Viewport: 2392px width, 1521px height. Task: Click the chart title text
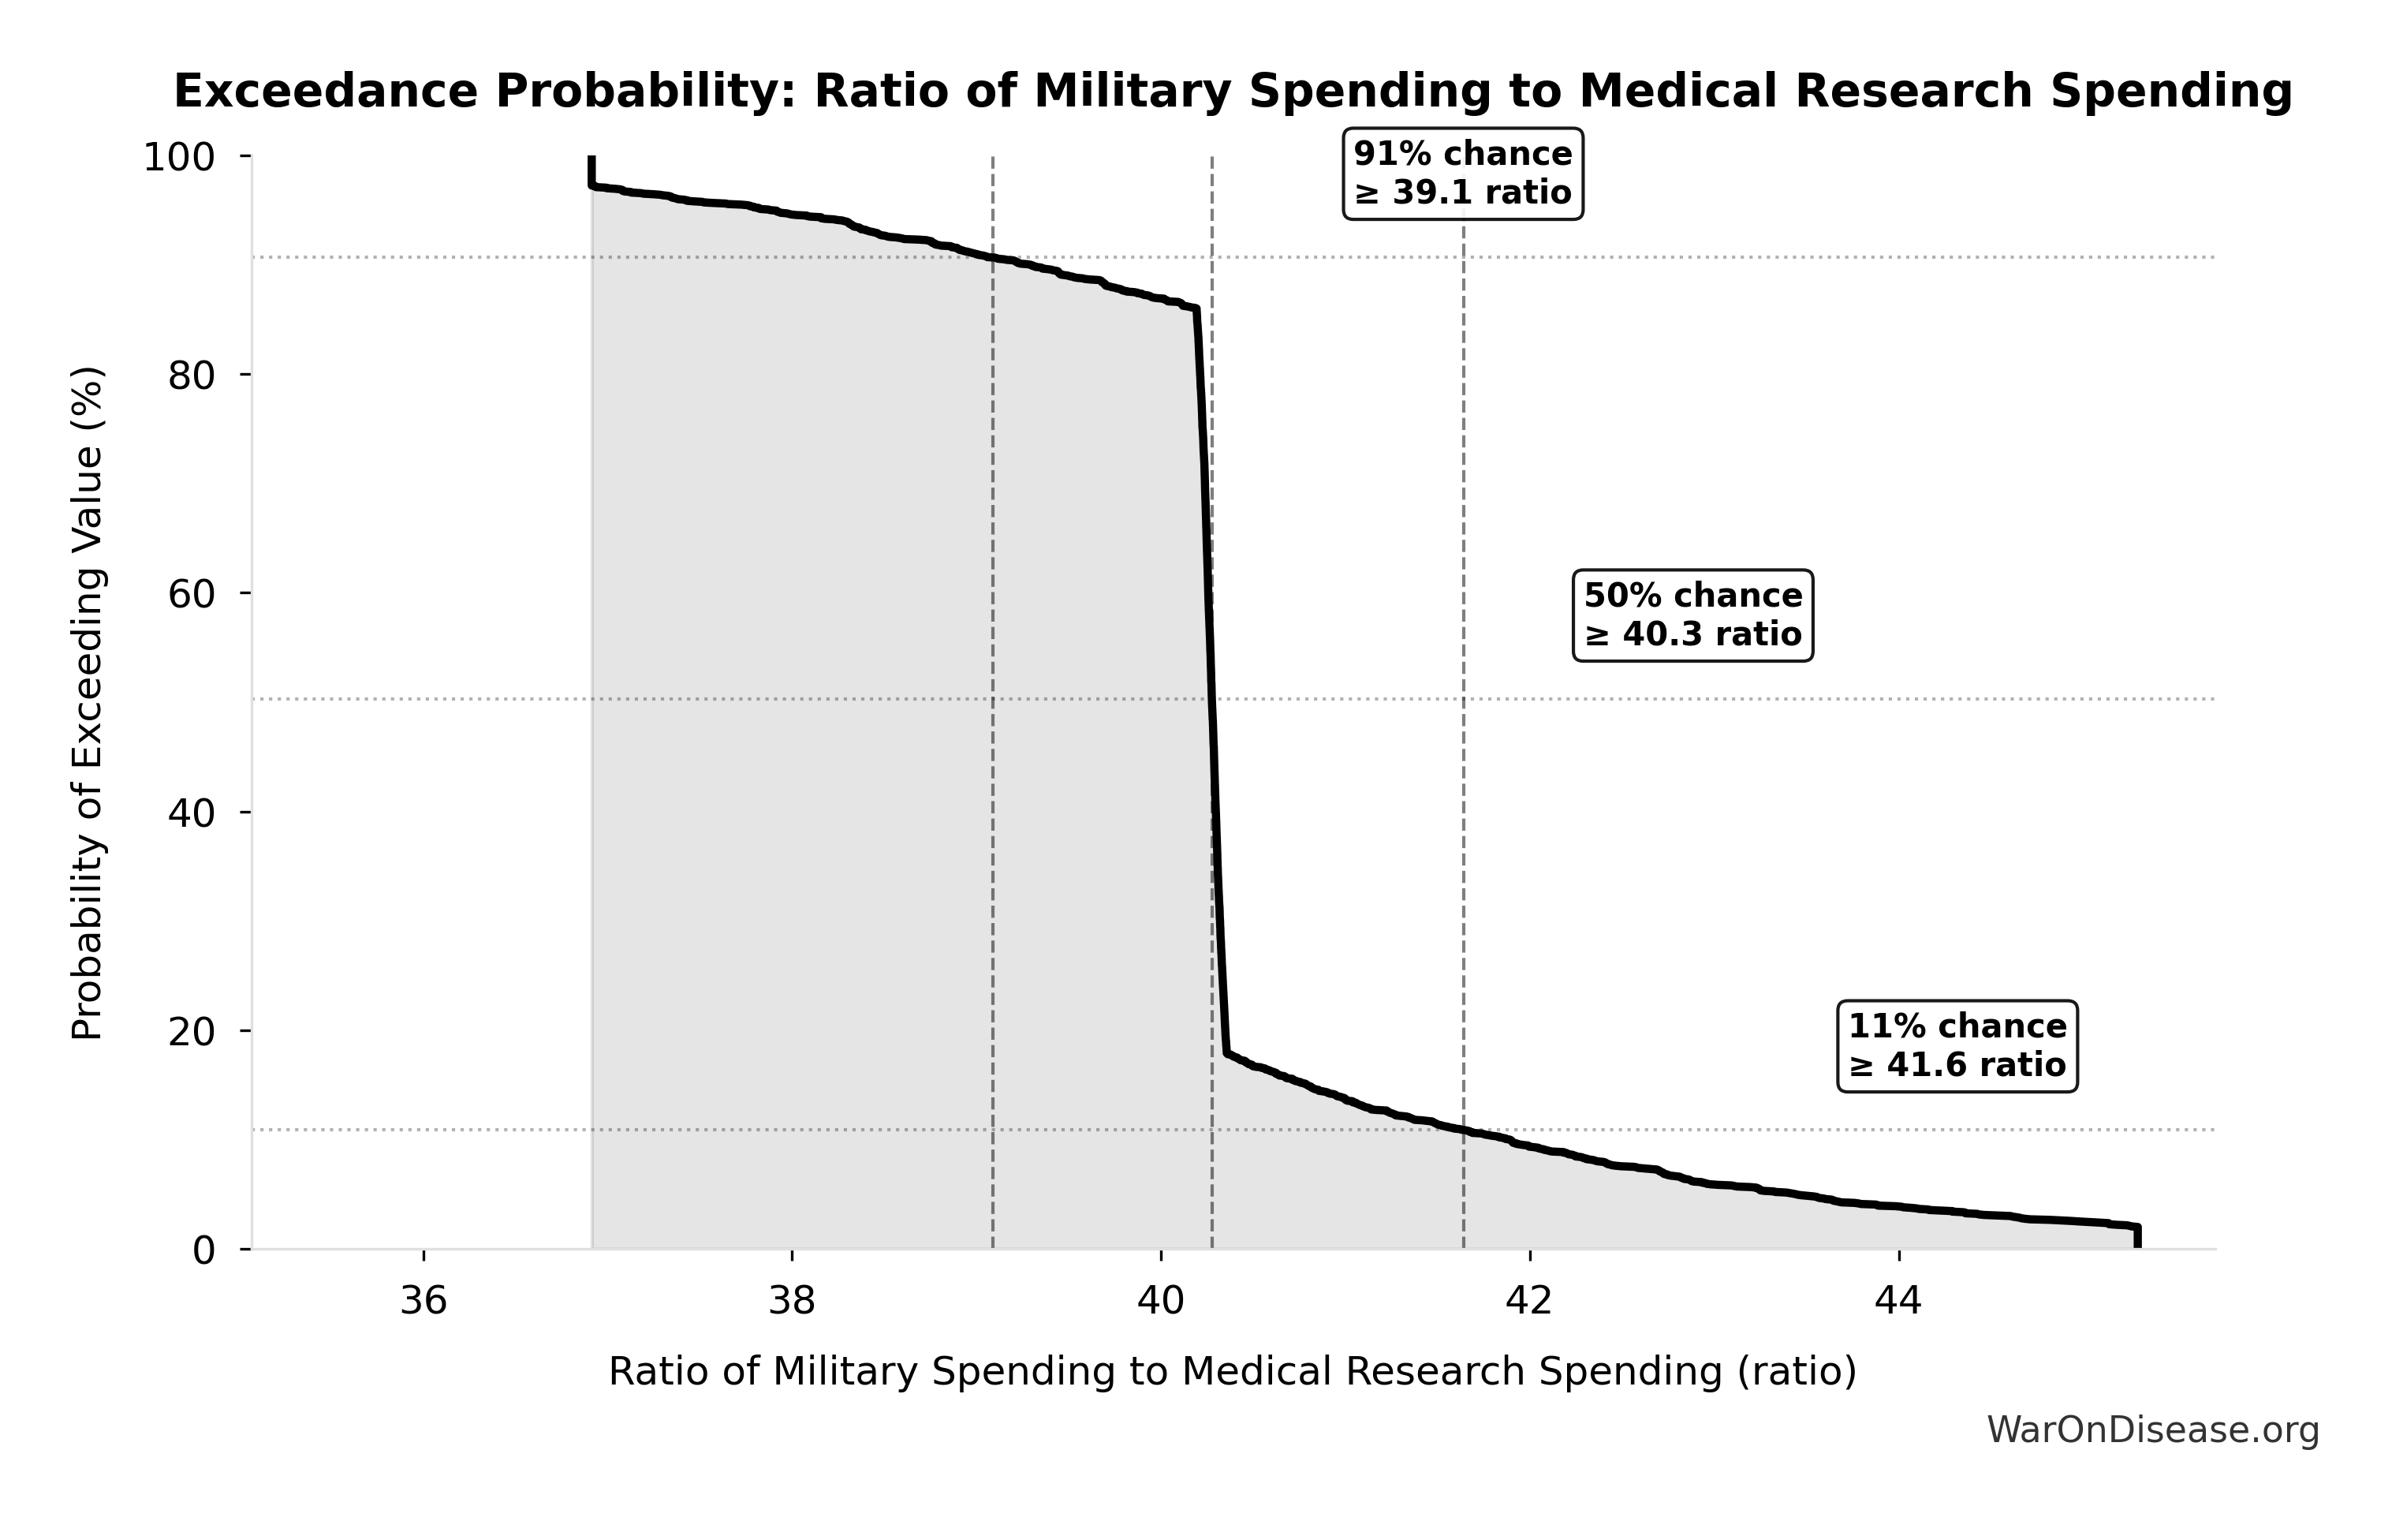[1233, 92]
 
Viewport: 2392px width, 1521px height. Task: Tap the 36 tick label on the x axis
[424, 1300]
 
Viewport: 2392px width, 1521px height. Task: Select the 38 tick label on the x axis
[793, 1300]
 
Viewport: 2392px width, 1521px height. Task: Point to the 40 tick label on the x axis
[1161, 1300]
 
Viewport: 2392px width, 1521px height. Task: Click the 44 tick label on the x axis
[1898, 1300]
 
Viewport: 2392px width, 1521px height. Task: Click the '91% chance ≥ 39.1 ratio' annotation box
[1463, 174]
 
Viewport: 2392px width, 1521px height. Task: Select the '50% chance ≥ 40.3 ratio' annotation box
[1692, 615]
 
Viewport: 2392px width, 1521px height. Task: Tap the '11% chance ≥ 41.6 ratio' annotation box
[1957, 1046]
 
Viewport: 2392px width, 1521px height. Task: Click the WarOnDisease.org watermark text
[2152, 1430]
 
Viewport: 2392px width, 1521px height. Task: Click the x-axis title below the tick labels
[1233, 1372]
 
